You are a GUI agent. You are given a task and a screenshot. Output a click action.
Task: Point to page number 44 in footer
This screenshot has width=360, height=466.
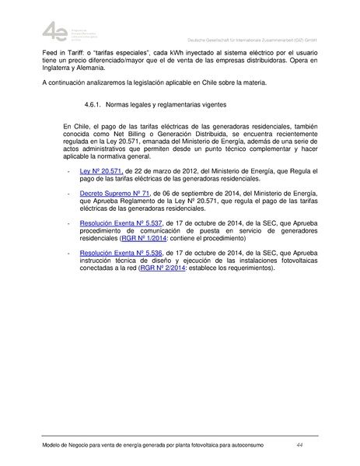click(299, 445)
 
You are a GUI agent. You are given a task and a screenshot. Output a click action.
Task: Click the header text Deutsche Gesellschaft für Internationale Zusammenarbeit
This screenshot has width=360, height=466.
click(250, 38)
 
